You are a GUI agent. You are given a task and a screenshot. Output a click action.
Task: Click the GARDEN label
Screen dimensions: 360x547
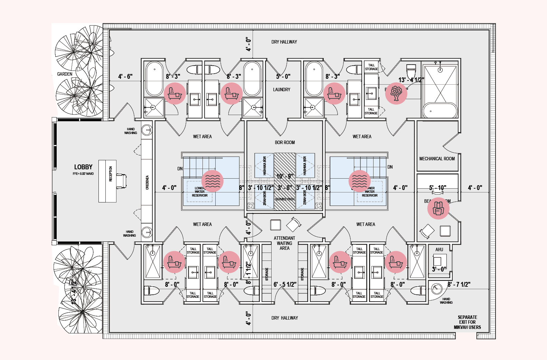(x=65, y=74)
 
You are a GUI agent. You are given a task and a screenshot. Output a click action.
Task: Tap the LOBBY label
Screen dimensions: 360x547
(x=83, y=167)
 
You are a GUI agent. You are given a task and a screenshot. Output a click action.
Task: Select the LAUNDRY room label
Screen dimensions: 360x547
(x=282, y=89)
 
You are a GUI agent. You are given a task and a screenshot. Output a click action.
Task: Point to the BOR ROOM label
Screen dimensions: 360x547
(x=285, y=142)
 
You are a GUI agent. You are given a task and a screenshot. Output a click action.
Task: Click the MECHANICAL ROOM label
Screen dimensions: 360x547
(x=437, y=159)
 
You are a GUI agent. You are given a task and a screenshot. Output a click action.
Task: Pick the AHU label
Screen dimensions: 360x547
(x=439, y=249)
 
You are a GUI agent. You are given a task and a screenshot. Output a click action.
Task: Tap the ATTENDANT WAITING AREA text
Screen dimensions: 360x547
(x=284, y=243)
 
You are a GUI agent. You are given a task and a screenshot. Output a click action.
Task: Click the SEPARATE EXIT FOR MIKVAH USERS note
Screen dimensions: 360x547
(x=467, y=322)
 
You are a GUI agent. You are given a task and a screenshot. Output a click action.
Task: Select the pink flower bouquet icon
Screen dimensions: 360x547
(x=396, y=94)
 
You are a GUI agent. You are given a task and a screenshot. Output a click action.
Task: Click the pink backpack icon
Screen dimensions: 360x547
(x=438, y=208)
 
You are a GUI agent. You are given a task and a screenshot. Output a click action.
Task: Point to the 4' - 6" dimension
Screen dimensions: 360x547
(x=125, y=76)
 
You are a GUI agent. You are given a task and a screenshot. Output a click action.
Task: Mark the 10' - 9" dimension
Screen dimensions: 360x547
(x=285, y=176)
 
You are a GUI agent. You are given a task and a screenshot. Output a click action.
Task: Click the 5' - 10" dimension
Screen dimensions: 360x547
(x=437, y=188)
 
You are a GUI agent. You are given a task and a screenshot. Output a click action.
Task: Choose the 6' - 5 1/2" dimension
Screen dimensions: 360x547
(x=285, y=284)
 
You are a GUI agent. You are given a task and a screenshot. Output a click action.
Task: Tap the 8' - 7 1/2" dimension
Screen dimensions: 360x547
(x=459, y=284)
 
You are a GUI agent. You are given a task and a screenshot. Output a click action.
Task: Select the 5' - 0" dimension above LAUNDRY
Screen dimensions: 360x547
(x=283, y=76)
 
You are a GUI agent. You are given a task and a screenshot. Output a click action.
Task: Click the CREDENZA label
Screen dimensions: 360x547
(x=147, y=182)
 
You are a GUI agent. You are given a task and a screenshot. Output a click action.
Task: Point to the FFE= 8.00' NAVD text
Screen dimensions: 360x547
(x=83, y=174)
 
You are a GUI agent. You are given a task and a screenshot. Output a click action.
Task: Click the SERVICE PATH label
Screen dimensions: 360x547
(x=285, y=199)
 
